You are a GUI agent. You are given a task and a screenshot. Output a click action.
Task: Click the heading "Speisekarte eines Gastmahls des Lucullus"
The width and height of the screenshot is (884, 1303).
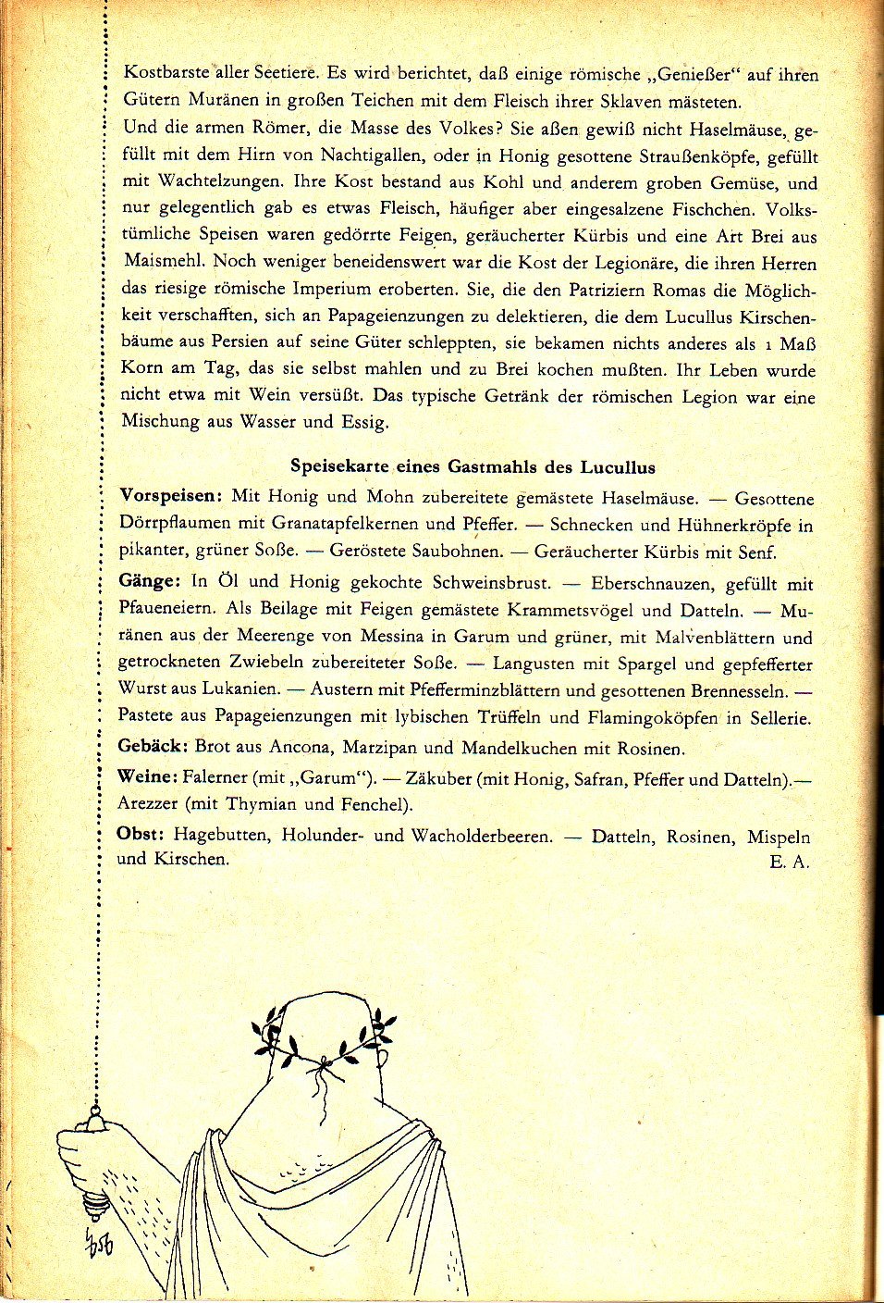tap(473, 466)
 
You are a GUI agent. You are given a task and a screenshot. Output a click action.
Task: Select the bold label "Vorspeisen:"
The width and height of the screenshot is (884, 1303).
tap(171, 496)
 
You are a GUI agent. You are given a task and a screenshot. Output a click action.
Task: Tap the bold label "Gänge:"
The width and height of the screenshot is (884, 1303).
tap(149, 581)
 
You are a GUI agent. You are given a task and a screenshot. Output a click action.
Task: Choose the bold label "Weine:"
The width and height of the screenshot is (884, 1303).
tap(146, 776)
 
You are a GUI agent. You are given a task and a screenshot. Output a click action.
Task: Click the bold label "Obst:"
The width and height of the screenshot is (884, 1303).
tap(141, 834)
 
